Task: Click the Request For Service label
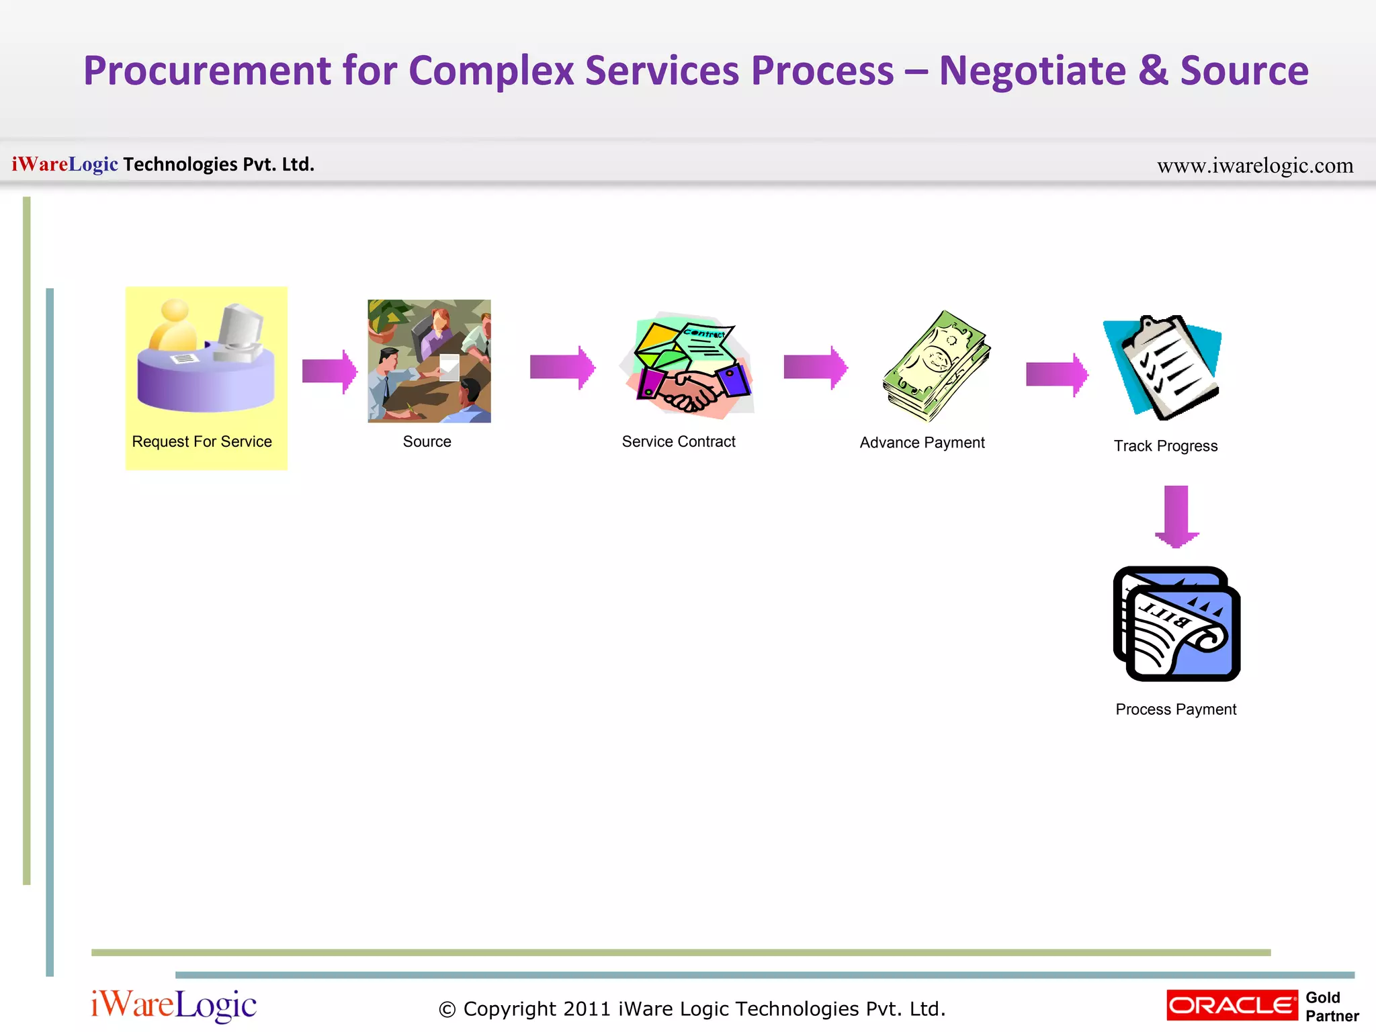tap(202, 441)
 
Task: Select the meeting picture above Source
tap(429, 361)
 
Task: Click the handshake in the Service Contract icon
tap(689, 393)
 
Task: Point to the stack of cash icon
tap(937, 366)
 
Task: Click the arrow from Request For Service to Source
tap(329, 371)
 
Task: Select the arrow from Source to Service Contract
tap(562, 368)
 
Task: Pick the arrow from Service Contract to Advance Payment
tap(815, 368)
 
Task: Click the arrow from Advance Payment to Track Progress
tap(1057, 374)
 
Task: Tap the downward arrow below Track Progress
tap(1176, 516)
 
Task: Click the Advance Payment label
tap(922, 443)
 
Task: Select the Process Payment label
tap(1176, 709)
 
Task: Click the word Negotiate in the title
tap(1032, 71)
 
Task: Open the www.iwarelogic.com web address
tap(1254, 165)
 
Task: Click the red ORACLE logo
tap(1232, 1005)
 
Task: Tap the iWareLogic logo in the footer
tap(173, 1005)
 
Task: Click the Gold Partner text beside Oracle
tap(1331, 1006)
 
